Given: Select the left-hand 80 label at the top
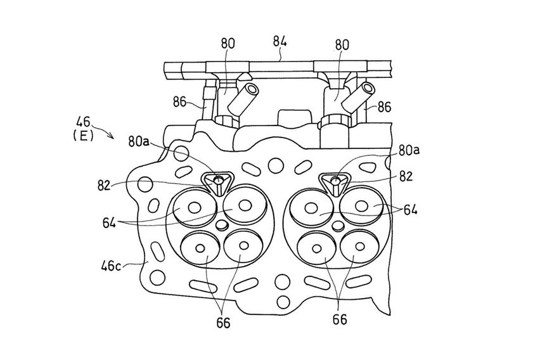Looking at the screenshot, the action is (228, 43).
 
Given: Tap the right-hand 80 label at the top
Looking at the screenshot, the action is (342, 44).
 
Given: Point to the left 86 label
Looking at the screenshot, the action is (179, 102).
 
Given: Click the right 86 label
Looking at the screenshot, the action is (384, 107).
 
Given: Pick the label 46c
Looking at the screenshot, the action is (111, 266).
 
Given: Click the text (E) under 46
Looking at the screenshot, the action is (83, 136).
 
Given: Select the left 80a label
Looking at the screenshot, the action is (139, 141).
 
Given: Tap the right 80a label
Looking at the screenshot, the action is (409, 151).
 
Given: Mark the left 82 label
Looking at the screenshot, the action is (105, 185).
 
